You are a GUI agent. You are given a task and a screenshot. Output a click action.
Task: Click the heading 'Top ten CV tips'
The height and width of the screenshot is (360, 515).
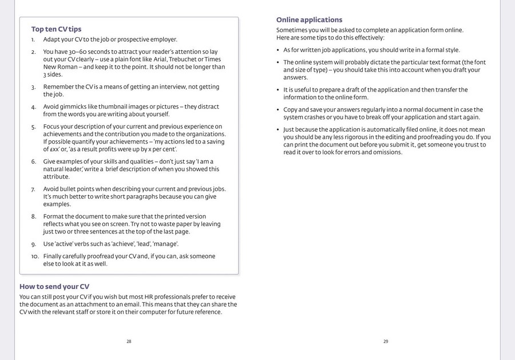point(56,29)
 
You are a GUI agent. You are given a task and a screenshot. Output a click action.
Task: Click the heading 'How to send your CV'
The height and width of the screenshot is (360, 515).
point(54,286)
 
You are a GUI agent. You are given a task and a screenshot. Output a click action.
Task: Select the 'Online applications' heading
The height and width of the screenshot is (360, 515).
point(309,19)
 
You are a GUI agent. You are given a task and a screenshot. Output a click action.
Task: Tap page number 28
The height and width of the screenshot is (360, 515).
point(129,341)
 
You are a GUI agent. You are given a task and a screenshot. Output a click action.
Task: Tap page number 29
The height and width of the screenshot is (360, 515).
point(386,341)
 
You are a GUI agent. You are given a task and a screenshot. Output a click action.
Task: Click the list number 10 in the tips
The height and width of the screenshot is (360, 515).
point(35,256)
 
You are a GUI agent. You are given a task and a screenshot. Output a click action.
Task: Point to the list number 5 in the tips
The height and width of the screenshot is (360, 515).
point(34,126)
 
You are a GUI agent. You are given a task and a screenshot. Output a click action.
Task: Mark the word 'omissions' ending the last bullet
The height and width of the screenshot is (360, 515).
point(387,152)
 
